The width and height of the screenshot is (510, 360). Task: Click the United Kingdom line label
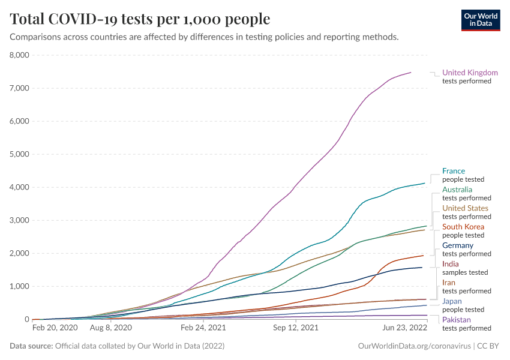(470, 73)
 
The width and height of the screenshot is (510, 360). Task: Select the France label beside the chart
(453, 171)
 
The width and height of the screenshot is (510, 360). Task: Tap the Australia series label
(457, 190)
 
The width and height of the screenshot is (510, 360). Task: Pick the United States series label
(465, 208)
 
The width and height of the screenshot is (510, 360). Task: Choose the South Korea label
(463, 227)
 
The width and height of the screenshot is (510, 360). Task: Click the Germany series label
(458, 245)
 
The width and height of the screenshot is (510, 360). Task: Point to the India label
(451, 264)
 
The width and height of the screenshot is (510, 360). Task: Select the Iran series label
(449, 283)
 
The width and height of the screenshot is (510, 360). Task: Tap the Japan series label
(452, 301)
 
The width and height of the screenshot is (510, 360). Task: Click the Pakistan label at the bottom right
(457, 320)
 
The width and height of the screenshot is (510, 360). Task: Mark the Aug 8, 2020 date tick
(110, 329)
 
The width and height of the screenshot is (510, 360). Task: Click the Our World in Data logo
(481, 20)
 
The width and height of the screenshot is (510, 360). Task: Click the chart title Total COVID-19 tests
(140, 19)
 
